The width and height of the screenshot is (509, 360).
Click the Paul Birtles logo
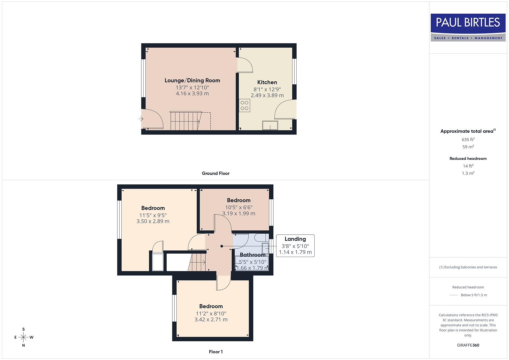[468, 27]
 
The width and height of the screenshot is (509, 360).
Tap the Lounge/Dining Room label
[192, 80]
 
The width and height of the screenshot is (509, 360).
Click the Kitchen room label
[267, 82]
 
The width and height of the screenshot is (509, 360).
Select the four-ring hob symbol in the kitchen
[245, 106]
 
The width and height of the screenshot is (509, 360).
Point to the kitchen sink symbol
[270, 125]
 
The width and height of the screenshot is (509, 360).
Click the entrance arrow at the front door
[141, 119]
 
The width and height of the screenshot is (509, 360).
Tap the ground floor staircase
[185, 121]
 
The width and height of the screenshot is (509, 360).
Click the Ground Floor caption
[215, 173]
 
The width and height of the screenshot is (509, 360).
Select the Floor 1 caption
[215, 352]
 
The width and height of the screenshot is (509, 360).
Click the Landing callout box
[295, 245]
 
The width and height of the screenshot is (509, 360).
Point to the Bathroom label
[252, 255]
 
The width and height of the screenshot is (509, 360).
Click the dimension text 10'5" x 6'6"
[239, 207]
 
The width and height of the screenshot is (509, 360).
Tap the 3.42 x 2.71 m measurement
[211, 320]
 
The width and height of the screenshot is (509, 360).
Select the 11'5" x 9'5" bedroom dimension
[153, 215]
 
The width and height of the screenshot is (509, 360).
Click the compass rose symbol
[23, 337]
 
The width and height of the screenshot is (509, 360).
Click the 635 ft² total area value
[468, 140]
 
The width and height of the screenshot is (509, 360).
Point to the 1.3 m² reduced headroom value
[468, 173]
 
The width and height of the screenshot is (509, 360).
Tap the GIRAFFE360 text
[468, 345]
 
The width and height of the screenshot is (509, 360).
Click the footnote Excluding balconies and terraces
[468, 267]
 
